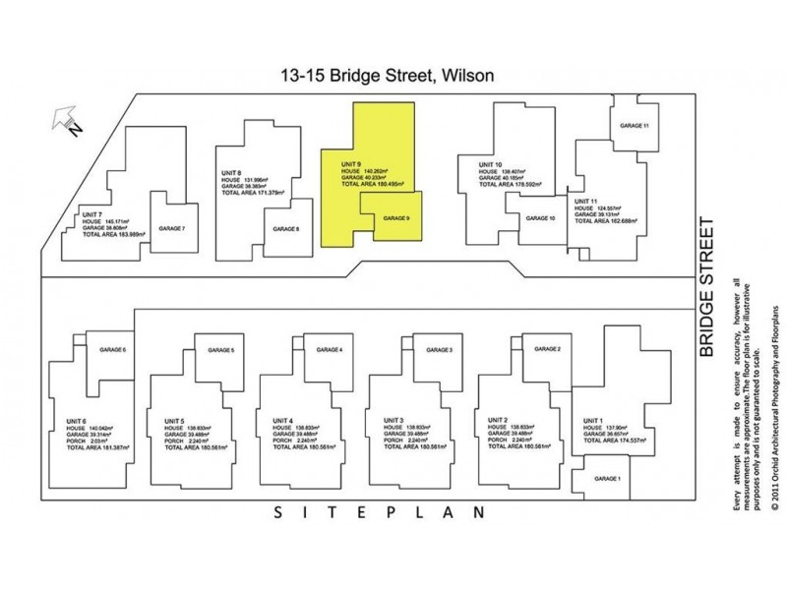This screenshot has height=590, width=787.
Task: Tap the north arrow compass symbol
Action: (x=65, y=123)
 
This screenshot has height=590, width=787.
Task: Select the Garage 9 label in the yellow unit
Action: (x=395, y=217)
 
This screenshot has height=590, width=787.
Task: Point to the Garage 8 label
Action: (x=286, y=229)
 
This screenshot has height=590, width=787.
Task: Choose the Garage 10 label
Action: (x=540, y=217)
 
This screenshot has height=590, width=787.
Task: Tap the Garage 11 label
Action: (x=634, y=126)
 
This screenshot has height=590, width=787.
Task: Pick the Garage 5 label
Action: (x=220, y=350)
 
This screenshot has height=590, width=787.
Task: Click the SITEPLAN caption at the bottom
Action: (x=378, y=512)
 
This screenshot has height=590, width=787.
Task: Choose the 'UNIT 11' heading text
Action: (x=587, y=201)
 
